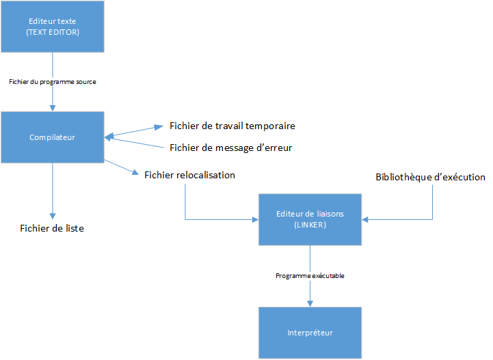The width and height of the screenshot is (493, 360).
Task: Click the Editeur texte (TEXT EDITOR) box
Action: tap(53, 27)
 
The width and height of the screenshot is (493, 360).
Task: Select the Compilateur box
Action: tap(53, 137)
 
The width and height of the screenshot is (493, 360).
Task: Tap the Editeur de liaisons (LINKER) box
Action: tap(310, 219)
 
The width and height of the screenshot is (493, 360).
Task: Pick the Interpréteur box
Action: tap(310, 333)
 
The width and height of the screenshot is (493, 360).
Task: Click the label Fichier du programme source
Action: tap(53, 82)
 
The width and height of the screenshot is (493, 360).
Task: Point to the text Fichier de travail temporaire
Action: tap(232, 126)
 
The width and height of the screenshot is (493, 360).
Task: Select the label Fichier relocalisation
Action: tap(189, 176)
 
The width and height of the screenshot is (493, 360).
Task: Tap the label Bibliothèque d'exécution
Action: tap(430, 177)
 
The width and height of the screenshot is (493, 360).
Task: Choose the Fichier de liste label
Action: tap(52, 228)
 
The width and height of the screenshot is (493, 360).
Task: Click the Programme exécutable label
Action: tap(310, 276)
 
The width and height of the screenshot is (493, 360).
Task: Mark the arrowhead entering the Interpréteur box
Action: tap(310, 303)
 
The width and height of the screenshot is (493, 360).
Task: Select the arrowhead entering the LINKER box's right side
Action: tap(366, 219)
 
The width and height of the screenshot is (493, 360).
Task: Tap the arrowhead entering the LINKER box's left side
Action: tap(255, 219)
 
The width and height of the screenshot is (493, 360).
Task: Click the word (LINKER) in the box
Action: tap(310, 225)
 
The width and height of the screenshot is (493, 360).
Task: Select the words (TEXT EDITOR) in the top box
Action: tap(53, 32)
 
